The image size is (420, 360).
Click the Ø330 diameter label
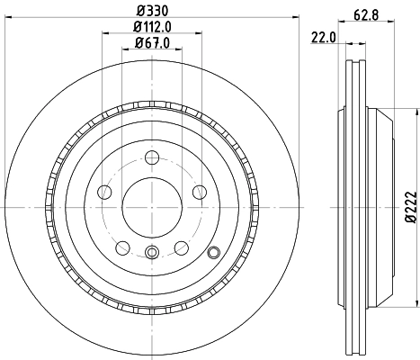[x=151, y=12]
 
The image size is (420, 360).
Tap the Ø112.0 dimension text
[x=152, y=27]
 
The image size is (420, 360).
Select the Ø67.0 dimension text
[x=151, y=43]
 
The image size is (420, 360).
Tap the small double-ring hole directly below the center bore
[x=152, y=253]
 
